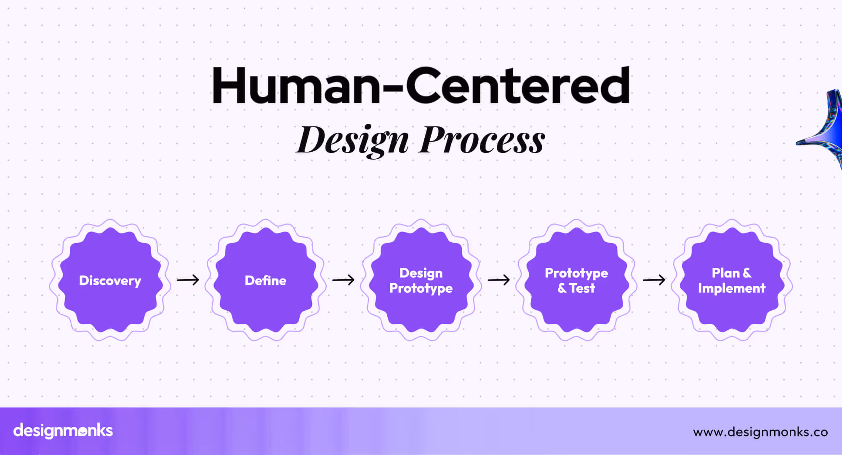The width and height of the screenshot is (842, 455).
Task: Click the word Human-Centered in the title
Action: coord(421,86)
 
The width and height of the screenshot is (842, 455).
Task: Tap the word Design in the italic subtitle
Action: coord(352,140)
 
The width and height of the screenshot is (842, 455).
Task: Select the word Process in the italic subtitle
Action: coord(482,139)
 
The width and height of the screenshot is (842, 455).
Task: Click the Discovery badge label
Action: coord(110,281)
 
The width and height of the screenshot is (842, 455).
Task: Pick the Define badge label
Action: coord(266,281)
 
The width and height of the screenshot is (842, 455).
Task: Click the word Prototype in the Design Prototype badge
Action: coord(421,289)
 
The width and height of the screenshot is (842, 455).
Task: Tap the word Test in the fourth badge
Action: coord(582,288)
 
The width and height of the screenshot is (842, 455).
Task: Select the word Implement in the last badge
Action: coord(732,288)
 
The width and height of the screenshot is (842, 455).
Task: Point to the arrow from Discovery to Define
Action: coord(188,280)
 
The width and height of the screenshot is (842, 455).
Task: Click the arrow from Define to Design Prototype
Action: coord(343,280)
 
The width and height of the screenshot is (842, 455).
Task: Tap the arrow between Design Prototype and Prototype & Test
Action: coord(499,280)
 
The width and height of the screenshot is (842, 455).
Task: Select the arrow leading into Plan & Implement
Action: coord(654,280)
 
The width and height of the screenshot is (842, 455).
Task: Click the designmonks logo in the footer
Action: coord(63,431)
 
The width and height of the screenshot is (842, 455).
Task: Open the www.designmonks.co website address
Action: coord(760,432)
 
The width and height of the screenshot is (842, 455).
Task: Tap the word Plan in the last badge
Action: coord(725,273)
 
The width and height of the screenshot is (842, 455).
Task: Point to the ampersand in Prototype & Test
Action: coord(562,288)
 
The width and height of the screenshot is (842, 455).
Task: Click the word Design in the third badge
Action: coord(421,273)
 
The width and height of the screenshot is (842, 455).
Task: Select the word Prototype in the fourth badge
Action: coord(576,273)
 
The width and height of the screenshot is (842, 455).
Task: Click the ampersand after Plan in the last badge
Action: coord(747,273)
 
